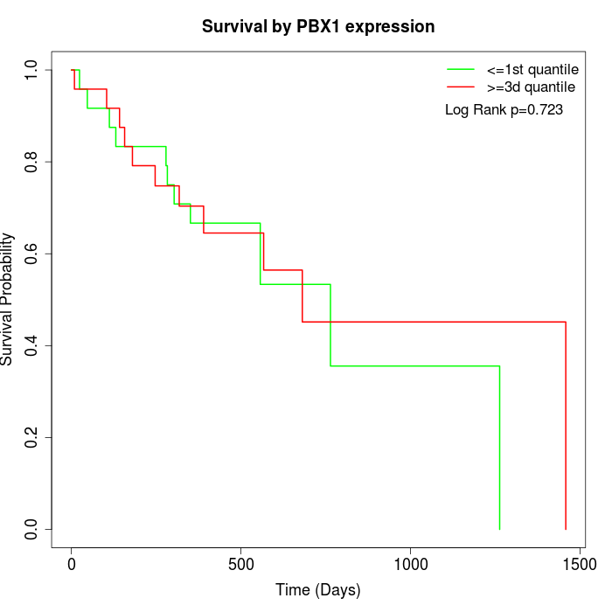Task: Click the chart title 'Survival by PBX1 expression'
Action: pos(318,26)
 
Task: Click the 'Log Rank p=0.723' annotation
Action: pos(504,110)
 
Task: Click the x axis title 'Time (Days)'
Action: pos(318,590)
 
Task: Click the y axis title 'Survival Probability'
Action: pos(8,299)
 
